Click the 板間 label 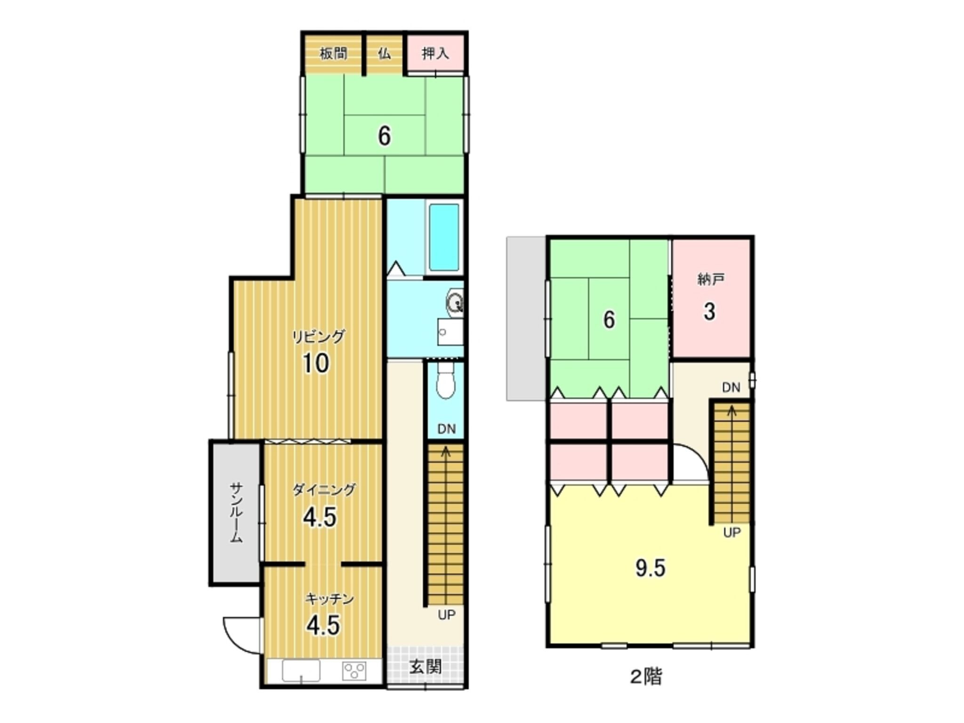(x=333, y=54)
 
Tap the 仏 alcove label (x=385, y=54)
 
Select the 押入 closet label (x=435, y=54)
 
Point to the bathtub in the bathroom (x=443, y=237)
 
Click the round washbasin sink (x=455, y=302)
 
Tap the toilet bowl (x=445, y=380)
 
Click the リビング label (x=319, y=337)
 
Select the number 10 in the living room (x=316, y=363)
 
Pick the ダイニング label (x=324, y=490)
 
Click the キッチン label (x=329, y=599)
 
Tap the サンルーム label (x=236, y=513)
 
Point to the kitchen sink (x=301, y=670)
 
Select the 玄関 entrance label (x=426, y=667)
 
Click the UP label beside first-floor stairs (x=447, y=615)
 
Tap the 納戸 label (x=710, y=280)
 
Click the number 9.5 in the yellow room (x=651, y=569)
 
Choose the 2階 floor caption (x=646, y=677)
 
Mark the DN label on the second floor (x=731, y=387)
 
